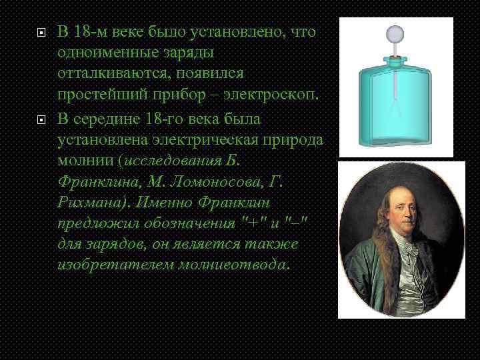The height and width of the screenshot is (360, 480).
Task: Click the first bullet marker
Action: pyautogui.click(x=41, y=32)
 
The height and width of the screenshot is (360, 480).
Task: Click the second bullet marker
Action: pyautogui.click(x=41, y=121)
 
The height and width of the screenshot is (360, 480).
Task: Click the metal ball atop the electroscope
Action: pyautogui.click(x=396, y=33)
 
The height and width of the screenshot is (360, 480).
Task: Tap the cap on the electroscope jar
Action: pyautogui.click(x=396, y=61)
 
